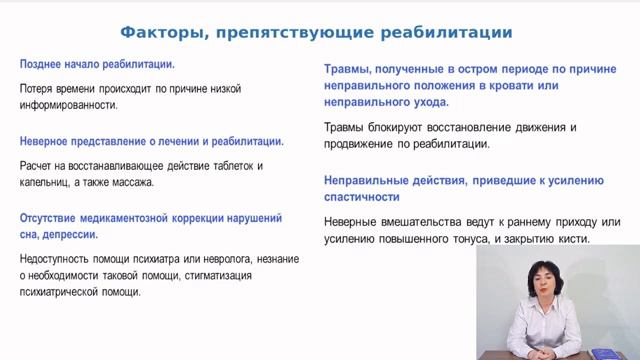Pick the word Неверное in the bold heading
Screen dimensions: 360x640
46,141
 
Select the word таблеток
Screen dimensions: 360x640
221,165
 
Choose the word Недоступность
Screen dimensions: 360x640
58,259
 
